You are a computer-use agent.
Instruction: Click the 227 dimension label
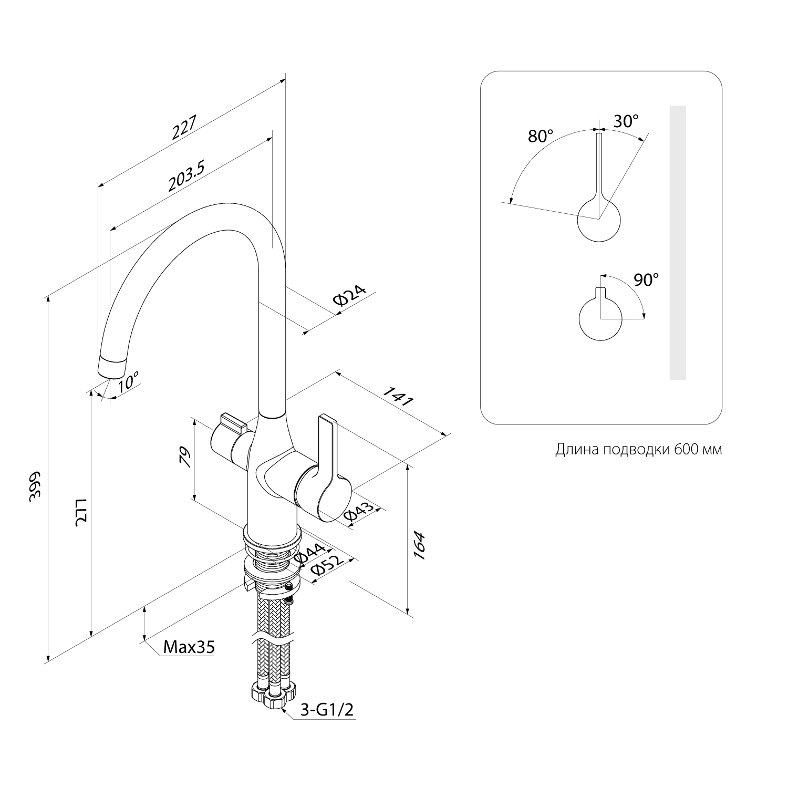(184, 128)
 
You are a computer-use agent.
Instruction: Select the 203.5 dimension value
(186, 175)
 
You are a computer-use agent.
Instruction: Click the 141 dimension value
(399, 397)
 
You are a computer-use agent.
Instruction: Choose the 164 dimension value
(420, 546)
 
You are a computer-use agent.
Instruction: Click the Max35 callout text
(189, 647)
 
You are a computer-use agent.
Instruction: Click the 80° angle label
(541, 137)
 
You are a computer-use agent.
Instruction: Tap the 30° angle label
(626, 121)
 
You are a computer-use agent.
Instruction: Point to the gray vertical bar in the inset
(678, 242)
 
